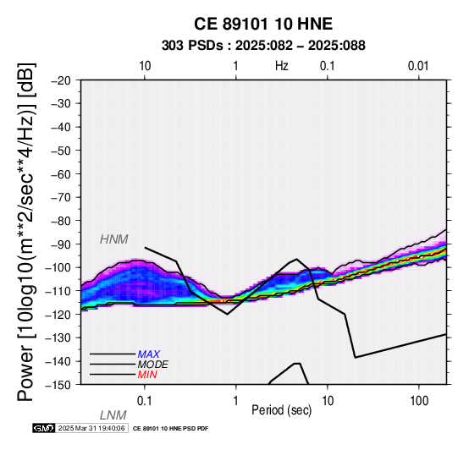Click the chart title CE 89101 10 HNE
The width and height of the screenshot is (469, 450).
(x=263, y=24)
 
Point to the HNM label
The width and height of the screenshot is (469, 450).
(x=114, y=239)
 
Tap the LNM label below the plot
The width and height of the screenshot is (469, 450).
(x=113, y=415)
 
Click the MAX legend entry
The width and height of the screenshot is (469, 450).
(x=148, y=354)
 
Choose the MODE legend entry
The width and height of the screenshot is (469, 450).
(x=152, y=365)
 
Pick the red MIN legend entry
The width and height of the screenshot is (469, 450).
(x=147, y=375)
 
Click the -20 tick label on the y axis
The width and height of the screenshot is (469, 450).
(x=61, y=80)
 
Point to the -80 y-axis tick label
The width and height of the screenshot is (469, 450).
(x=61, y=221)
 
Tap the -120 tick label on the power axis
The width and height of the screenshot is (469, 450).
(x=58, y=314)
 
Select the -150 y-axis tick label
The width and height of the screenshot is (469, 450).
(x=58, y=385)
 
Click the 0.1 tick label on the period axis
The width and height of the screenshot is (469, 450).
(x=144, y=400)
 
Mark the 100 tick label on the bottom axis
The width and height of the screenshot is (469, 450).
(x=419, y=400)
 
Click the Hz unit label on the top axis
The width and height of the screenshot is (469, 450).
(x=281, y=66)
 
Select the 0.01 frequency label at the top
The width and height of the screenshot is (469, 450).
(x=418, y=66)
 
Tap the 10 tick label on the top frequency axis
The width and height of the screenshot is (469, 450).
(x=145, y=66)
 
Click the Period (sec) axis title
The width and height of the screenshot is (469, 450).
(x=281, y=410)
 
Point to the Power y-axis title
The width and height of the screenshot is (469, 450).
(x=26, y=232)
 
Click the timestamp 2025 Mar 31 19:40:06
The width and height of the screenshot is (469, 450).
(x=91, y=428)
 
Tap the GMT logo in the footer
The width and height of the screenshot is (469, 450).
(x=44, y=428)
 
